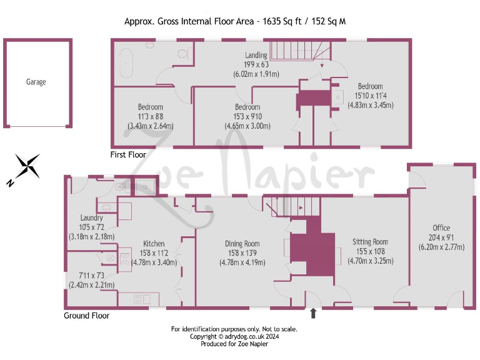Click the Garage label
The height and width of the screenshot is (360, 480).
(x=36, y=82)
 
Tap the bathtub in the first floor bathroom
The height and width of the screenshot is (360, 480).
(x=127, y=65)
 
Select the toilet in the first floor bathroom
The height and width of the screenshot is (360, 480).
(x=182, y=53)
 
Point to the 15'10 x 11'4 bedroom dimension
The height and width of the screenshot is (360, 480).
(x=370, y=96)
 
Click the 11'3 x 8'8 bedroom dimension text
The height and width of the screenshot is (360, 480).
(x=150, y=116)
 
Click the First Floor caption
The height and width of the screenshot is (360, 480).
(x=127, y=154)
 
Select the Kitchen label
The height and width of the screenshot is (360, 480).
(x=154, y=244)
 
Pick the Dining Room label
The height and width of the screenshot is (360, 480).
(x=242, y=244)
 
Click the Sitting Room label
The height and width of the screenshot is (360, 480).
(x=370, y=242)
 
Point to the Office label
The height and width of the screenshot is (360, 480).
(x=441, y=227)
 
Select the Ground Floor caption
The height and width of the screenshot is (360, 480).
(x=86, y=316)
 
